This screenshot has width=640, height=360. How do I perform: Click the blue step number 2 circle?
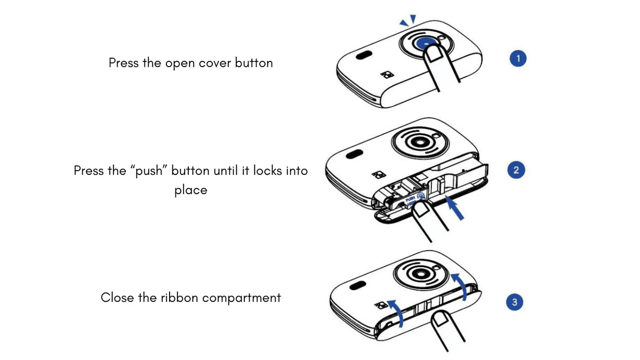pyautogui.click(x=515, y=171)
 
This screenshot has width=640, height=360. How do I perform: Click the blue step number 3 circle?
pyautogui.click(x=514, y=302)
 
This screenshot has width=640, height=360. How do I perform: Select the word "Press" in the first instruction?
pyautogui.click(x=124, y=63)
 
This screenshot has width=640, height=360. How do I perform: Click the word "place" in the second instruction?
pyautogui.click(x=190, y=190)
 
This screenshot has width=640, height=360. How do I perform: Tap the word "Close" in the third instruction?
pyautogui.click(x=117, y=297)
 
